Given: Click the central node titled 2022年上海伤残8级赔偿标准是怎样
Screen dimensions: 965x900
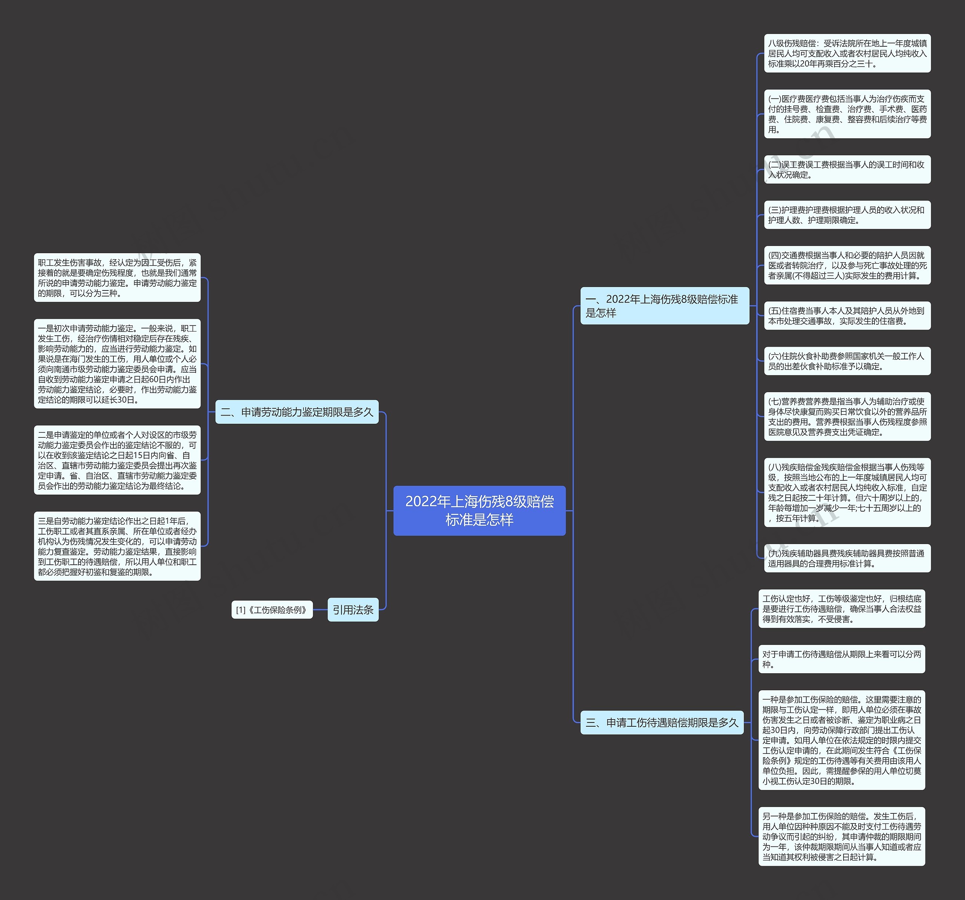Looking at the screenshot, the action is (479, 510).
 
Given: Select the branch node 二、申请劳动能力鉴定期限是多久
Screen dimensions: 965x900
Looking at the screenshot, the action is (297, 412).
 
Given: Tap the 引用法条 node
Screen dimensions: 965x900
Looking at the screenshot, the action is (353, 610).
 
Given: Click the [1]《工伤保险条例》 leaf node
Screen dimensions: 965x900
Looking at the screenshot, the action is (272, 610).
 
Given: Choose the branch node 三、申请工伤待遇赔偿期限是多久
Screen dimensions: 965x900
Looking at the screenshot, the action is (662, 723).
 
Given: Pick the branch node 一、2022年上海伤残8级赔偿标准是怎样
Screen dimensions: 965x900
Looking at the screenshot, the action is (665, 306).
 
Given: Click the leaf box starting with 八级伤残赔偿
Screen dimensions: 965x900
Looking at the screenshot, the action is (847, 53).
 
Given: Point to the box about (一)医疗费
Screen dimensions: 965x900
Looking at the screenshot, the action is (847, 114).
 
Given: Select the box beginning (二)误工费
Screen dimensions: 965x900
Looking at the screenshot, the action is (847, 169).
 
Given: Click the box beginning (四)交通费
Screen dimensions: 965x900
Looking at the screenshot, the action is (847, 265).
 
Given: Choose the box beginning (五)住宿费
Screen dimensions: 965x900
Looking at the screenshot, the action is (847, 316).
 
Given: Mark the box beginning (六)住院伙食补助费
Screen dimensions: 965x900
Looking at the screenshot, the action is (847, 361).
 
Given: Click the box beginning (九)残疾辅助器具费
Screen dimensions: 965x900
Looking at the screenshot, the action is (847, 558).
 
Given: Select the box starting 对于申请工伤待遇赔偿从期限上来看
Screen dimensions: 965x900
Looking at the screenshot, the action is (842, 659).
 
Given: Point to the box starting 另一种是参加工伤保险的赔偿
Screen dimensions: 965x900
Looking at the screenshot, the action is (842, 836).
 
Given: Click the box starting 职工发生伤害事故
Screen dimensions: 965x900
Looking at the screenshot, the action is (117, 278).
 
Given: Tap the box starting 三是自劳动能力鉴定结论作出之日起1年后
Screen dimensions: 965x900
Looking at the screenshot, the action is (117, 546).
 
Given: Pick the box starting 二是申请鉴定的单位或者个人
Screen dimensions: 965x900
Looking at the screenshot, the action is (117, 460).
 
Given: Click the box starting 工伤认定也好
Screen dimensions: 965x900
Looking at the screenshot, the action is (842, 608).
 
